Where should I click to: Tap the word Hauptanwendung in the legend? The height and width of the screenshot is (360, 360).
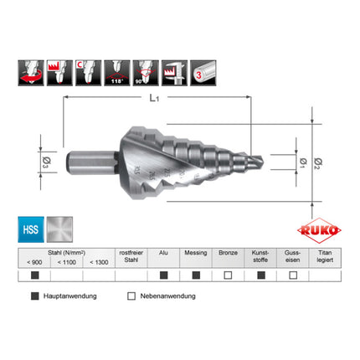pyautogui.click(x=70, y=296)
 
